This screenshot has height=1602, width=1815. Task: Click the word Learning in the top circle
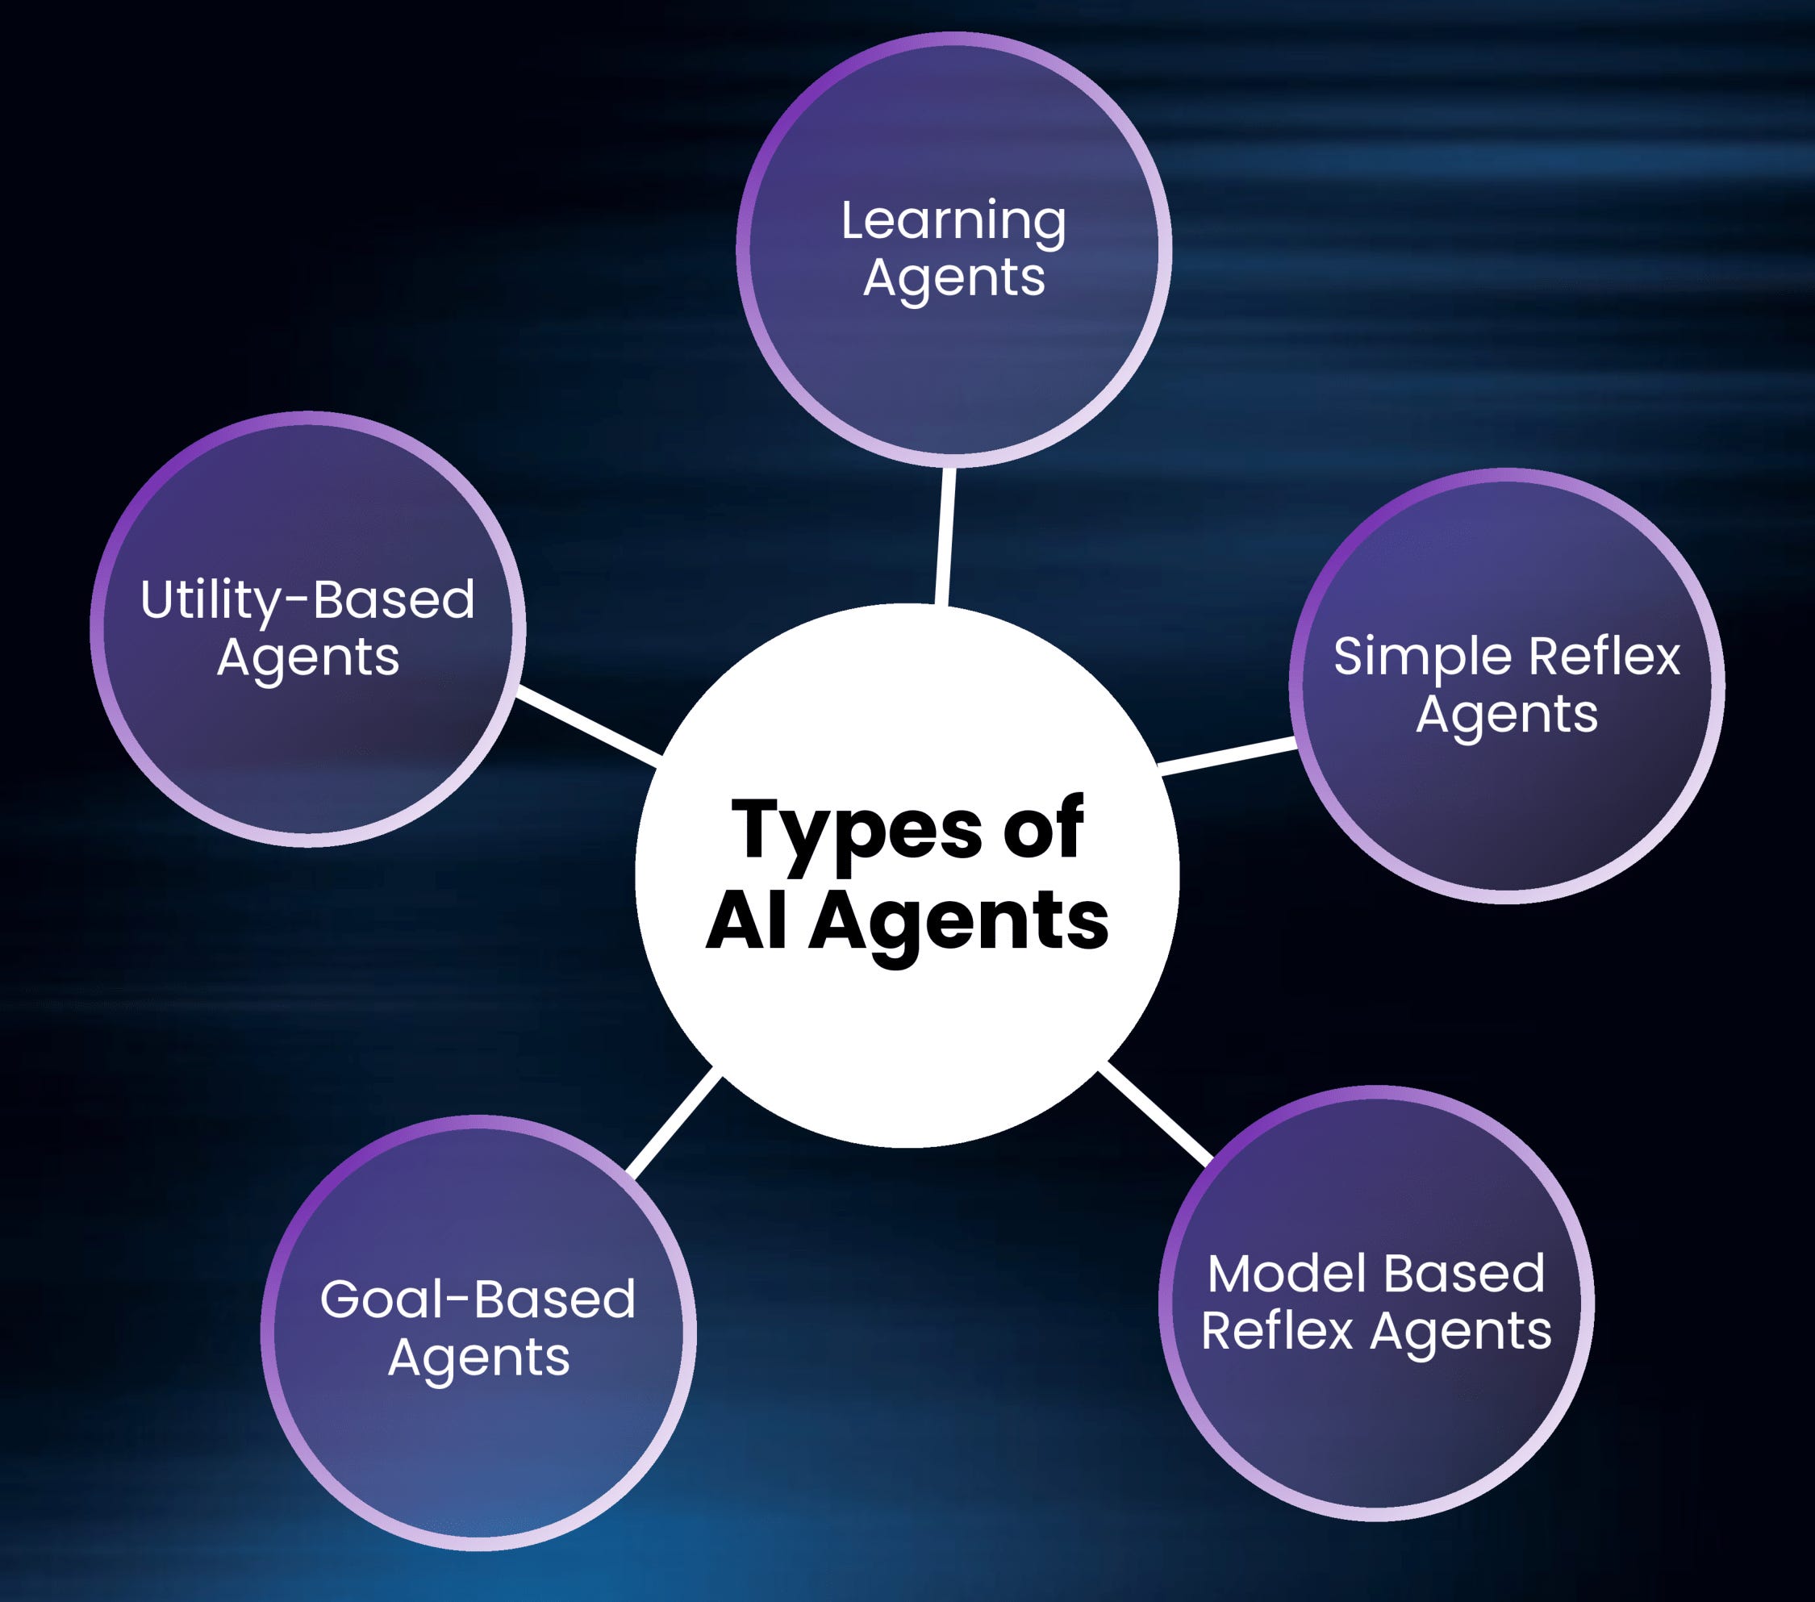(x=953, y=221)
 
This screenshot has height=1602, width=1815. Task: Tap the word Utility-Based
(x=307, y=599)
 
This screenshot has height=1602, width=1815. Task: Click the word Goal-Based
(x=478, y=1300)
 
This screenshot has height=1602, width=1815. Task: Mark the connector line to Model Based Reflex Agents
(x=1155, y=1115)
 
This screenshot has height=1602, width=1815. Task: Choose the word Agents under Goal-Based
(x=478, y=1358)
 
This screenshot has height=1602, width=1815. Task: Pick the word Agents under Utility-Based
(x=308, y=658)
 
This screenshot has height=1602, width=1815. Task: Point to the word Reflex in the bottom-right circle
(x=1276, y=1330)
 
